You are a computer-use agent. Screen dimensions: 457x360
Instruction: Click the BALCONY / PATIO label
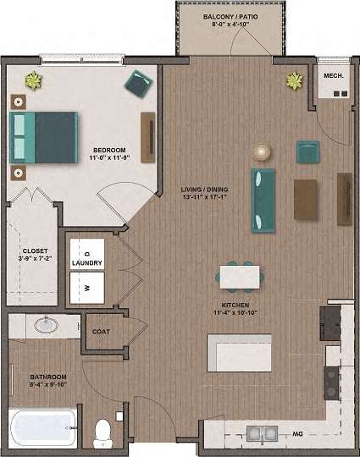(230, 17)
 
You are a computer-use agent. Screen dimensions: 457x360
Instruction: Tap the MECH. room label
(332, 77)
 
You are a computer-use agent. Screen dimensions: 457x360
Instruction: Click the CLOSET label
(35, 251)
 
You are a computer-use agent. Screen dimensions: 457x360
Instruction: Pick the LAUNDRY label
(87, 263)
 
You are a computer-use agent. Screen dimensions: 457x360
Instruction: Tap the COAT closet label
(102, 332)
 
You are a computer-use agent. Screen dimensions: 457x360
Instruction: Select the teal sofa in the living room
(263, 201)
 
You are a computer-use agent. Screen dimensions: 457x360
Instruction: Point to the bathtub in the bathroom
(43, 429)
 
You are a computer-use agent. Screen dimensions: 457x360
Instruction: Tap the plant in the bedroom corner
(33, 81)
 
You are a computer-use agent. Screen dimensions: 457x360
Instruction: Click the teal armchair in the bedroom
(138, 83)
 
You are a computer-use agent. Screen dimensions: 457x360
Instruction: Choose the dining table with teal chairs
(240, 276)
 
